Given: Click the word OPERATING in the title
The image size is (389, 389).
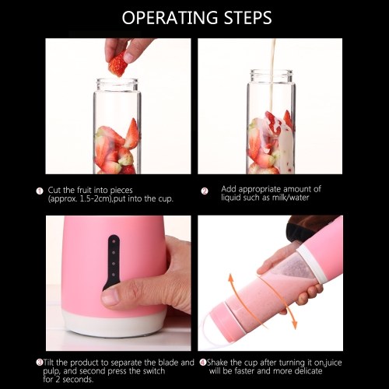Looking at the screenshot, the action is point(170,18).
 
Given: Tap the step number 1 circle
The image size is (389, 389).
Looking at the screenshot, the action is point(40,191).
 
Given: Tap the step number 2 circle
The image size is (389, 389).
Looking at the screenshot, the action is point(205,191).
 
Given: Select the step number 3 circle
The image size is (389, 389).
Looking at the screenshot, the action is point(40,362).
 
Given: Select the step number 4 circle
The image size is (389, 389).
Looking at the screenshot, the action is point(203,362).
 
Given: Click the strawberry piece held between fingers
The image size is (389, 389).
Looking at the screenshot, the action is point(117,64).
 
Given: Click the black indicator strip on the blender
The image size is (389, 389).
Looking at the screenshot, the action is point(113,262).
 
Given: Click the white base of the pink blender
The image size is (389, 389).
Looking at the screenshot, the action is point(114,324).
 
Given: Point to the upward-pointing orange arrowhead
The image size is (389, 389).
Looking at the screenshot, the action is point(230,279).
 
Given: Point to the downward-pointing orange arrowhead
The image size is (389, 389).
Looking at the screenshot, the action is point(294,324).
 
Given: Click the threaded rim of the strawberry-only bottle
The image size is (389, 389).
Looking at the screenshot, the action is point(117,85).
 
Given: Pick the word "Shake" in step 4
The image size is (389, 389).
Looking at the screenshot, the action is point(218,363).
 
